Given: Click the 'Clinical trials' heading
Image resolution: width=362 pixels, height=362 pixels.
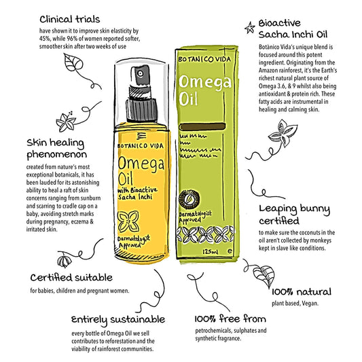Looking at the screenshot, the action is tap(70, 20).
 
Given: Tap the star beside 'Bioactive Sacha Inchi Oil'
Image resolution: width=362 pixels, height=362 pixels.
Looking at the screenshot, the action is tap(250, 27).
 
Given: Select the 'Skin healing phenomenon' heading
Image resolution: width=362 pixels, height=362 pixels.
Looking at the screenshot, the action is tap(56, 149).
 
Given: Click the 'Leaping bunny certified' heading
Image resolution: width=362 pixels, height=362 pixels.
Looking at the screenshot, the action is tap(295, 215).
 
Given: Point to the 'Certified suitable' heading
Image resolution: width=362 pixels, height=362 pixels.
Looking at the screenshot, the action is tap(71, 277).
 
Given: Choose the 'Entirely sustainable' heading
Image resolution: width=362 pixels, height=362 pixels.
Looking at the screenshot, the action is tap(118, 320).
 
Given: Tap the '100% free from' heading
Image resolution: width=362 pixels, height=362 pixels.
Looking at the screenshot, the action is tap(230, 319).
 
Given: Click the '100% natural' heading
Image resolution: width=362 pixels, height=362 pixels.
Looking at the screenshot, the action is tap(302, 292).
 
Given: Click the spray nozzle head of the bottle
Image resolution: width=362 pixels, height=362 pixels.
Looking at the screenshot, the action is tap(141, 75).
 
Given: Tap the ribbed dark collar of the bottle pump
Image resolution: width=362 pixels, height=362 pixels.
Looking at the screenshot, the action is tap(141, 109).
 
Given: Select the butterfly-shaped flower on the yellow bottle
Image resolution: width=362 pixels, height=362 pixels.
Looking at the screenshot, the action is tap(128, 221).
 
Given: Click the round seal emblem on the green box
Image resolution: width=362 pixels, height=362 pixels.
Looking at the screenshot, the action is tap(189, 199).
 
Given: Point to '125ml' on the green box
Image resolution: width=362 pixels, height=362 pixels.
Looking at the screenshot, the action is tap(211, 251).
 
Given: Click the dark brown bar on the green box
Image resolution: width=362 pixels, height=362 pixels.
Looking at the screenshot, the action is tap(202, 126).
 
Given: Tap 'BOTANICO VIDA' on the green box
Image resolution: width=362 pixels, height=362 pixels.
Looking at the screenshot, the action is tap(204, 59).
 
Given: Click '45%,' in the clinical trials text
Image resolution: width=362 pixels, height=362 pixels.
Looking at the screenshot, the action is tap(45, 39).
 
